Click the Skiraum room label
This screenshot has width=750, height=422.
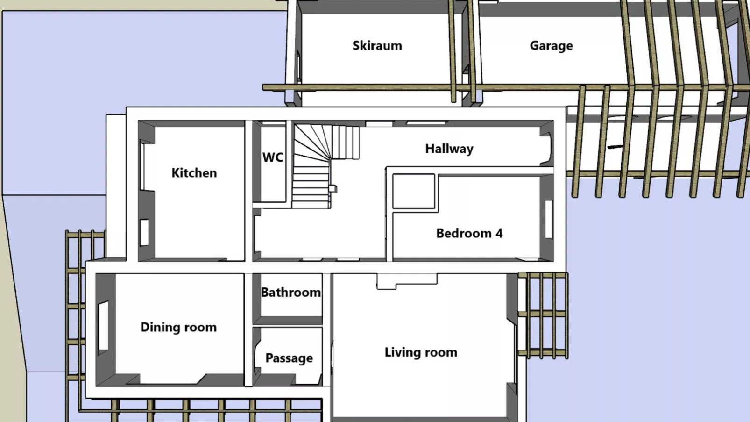tap(377, 46)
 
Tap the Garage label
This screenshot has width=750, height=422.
tap(551, 46)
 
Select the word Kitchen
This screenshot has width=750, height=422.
tap(194, 173)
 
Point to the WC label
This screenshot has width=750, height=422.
tap(273, 157)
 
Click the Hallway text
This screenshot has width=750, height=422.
tap(449, 149)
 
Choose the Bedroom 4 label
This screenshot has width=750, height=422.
tap(469, 233)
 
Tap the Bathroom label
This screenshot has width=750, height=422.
tap(290, 292)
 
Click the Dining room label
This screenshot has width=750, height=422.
tap(178, 328)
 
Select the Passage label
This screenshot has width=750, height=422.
tap(289, 358)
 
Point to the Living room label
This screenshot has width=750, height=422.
tap(421, 353)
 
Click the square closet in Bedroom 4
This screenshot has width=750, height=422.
tap(414, 192)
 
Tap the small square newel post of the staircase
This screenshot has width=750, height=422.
tap(333, 188)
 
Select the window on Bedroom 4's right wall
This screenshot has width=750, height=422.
tap(548, 219)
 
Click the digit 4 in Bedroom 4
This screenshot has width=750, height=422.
tap(499, 233)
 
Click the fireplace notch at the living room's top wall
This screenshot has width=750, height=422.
tap(407, 281)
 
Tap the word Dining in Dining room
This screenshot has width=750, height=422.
tap(157, 328)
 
